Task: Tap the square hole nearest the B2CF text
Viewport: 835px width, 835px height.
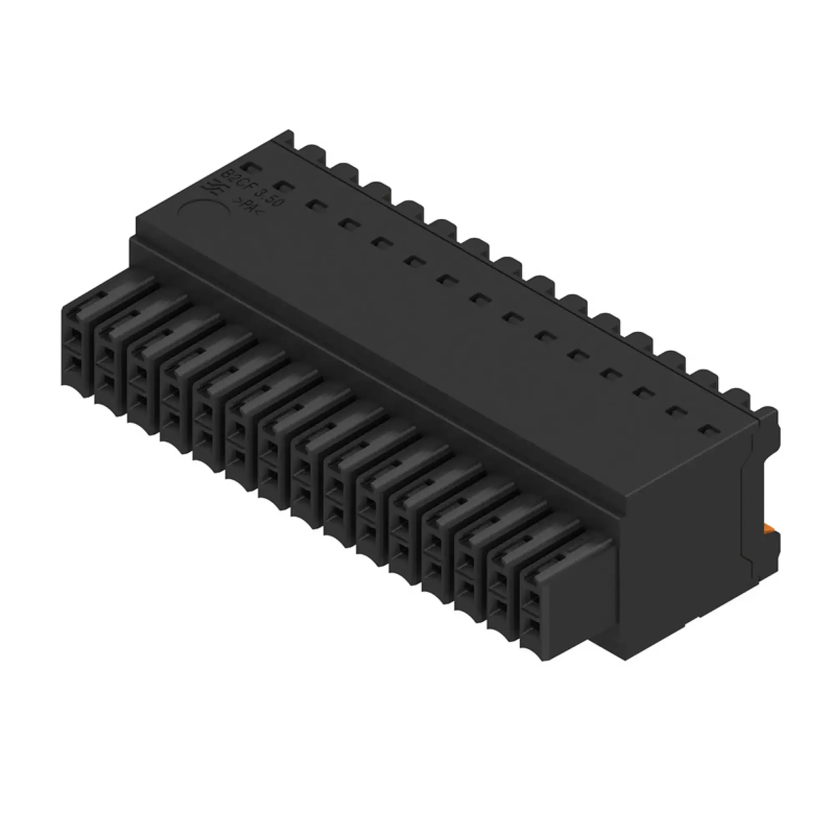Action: tap(247, 166)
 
